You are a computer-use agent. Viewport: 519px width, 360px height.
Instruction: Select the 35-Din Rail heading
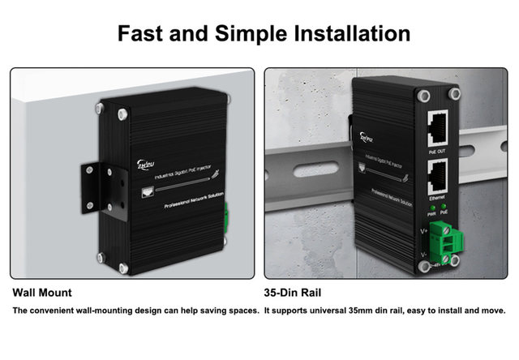pyautogui.click(x=298, y=292)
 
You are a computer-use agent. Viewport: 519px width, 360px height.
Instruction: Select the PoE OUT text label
pyautogui.click(x=437, y=150)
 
